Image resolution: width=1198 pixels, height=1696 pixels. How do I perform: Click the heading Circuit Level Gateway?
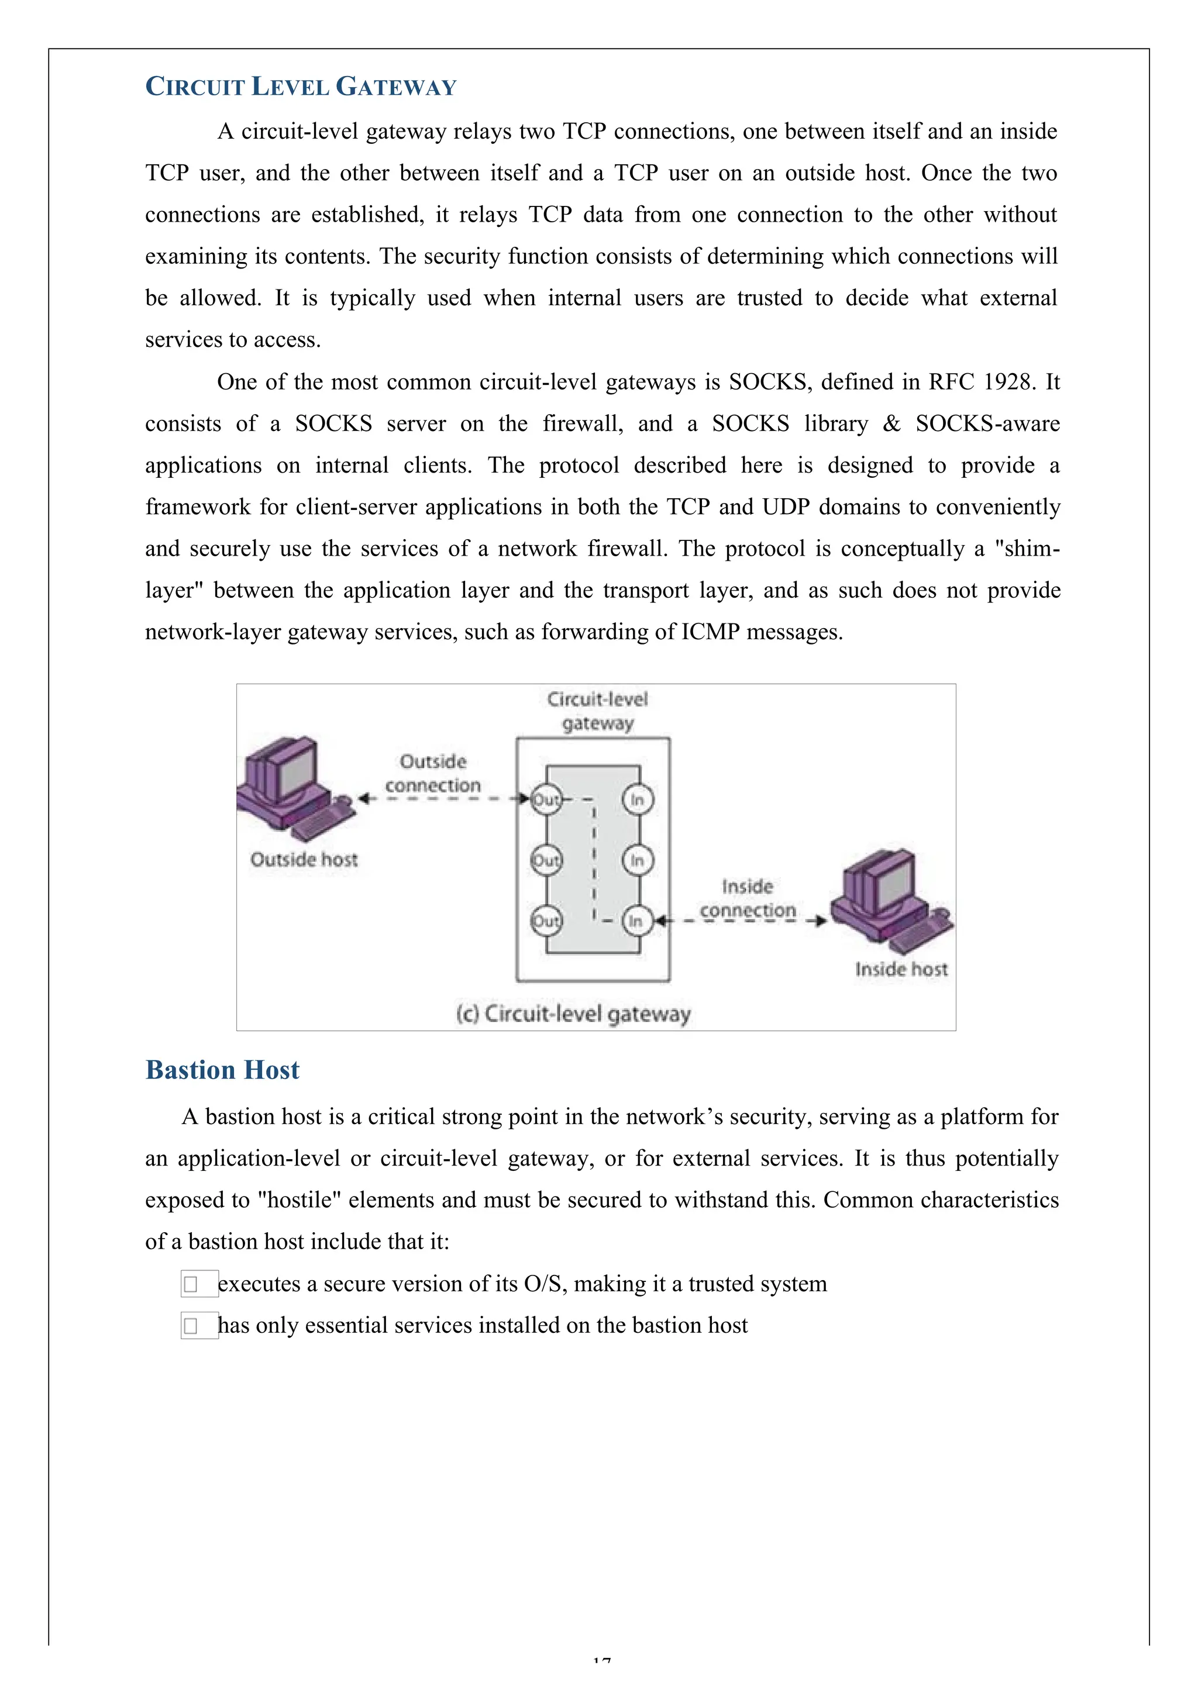(301, 87)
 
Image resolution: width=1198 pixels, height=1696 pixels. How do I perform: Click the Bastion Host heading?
(222, 1070)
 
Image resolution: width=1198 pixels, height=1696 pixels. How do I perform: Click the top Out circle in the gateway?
(546, 800)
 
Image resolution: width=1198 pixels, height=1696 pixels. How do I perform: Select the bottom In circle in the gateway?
(637, 921)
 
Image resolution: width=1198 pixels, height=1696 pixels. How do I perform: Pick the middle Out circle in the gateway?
(546, 860)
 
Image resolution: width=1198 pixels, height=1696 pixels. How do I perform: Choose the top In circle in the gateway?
(637, 800)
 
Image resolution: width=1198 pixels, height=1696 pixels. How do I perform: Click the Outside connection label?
(433, 773)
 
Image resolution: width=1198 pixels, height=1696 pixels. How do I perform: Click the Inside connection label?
(747, 898)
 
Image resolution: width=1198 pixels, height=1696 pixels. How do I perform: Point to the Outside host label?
(304, 860)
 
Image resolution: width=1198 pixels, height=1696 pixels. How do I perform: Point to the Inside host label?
(901, 969)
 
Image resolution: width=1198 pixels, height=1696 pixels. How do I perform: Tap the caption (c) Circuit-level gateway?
(573, 1014)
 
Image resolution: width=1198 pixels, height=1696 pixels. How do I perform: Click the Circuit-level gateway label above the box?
(597, 711)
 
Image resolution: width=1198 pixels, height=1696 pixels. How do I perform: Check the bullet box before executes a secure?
(191, 1284)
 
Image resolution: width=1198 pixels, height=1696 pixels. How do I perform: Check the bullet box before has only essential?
(191, 1326)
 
